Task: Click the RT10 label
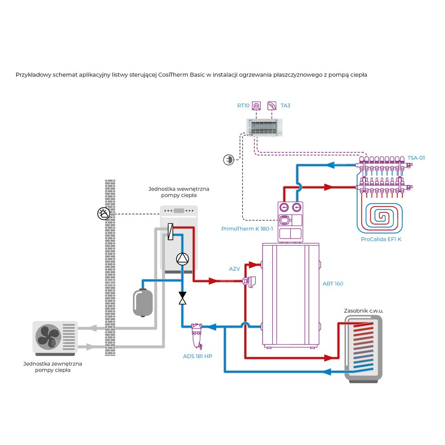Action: [243, 105]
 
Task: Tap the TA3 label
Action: [285, 105]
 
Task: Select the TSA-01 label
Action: [416, 158]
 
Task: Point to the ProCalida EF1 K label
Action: [381, 239]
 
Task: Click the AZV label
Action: [235, 269]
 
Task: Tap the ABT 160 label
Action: [333, 283]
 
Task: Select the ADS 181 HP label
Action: [197, 356]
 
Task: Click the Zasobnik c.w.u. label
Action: [364, 310]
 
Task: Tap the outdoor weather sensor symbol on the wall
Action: [103, 214]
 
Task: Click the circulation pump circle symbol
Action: [182, 259]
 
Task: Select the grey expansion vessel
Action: [143, 302]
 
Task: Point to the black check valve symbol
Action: [182, 298]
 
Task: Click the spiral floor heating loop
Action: [382, 218]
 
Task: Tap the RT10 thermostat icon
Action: [257, 105]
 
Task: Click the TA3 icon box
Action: [271, 105]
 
